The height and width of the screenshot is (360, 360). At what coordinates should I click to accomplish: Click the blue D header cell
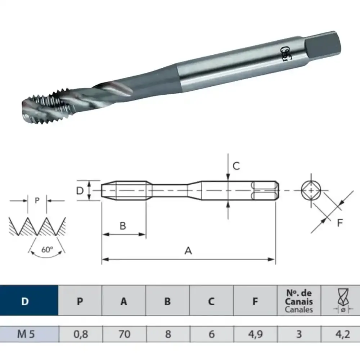click(x=29, y=300)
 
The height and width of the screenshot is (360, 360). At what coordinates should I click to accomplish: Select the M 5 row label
click(x=26, y=334)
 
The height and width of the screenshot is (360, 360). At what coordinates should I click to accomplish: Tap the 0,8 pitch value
click(x=81, y=334)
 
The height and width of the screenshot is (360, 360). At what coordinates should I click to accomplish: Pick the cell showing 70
click(x=124, y=334)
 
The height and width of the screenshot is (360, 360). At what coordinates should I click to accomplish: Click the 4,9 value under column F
click(x=255, y=334)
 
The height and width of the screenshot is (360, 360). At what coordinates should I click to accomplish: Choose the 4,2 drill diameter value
click(x=343, y=334)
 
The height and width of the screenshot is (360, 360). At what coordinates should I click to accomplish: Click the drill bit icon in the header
click(x=343, y=301)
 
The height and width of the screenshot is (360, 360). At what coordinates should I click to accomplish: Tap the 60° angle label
click(x=47, y=249)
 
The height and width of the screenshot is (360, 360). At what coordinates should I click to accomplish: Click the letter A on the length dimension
click(x=188, y=251)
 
